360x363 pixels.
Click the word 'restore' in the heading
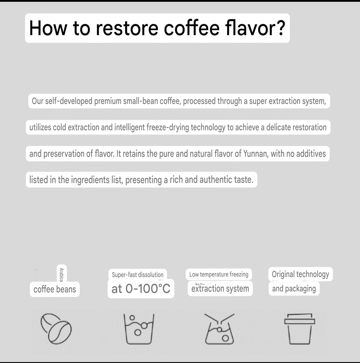(x=127, y=28)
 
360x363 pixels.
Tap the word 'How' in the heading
(x=48, y=28)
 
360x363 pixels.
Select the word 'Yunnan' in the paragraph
(x=256, y=154)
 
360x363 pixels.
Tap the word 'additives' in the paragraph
(x=311, y=154)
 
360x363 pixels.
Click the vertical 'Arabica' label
(x=61, y=275)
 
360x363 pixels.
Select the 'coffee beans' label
(x=55, y=289)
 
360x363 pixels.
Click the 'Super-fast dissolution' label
(x=138, y=275)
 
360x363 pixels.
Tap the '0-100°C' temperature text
(x=148, y=288)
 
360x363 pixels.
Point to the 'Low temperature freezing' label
(x=219, y=274)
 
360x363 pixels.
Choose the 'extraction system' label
(x=220, y=289)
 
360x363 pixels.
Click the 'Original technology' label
(x=300, y=274)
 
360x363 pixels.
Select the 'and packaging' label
(x=294, y=289)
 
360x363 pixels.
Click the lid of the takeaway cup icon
(x=300, y=319)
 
